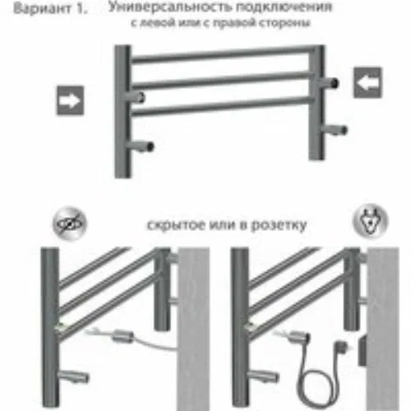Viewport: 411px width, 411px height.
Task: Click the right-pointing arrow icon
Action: tap(70, 100)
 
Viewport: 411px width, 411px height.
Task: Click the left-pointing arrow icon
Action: tap(367, 82)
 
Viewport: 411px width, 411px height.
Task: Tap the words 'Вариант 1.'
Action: tap(50, 9)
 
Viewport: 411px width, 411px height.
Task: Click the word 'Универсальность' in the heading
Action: tap(169, 7)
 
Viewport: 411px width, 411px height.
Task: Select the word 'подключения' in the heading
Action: tap(284, 7)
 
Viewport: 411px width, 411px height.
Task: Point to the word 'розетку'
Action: tap(279, 225)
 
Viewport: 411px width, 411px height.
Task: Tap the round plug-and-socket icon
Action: tap(371, 220)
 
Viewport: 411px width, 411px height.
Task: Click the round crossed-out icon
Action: tap(70, 224)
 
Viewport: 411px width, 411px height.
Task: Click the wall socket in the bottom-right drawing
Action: tap(363, 351)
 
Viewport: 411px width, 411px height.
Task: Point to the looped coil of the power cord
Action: tap(316, 384)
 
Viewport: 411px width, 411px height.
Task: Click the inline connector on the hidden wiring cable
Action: tap(123, 336)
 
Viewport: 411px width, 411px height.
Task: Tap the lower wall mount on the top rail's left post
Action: tap(140, 146)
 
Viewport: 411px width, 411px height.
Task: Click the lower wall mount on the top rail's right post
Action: tap(334, 129)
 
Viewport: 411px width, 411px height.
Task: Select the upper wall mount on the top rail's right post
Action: tap(329, 83)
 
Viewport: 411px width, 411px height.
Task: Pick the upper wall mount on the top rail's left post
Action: tap(135, 97)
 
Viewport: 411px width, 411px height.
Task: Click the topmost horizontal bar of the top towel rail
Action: tap(220, 54)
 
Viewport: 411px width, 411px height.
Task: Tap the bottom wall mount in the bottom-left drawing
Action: tap(73, 376)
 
